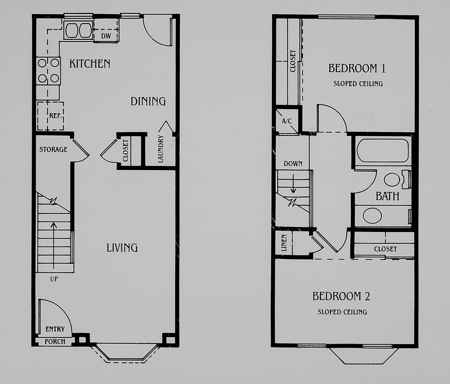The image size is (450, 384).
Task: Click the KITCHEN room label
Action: coord(90,63)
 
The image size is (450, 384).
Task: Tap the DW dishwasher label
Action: coord(106,36)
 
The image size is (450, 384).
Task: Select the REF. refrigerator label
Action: coord(56,115)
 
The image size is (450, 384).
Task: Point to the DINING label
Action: coord(148,101)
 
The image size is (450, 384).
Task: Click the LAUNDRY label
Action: coord(161,149)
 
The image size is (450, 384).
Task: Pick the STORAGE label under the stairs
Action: coord(53,149)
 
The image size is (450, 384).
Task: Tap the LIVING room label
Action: coord(122,248)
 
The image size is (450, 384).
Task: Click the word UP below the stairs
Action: coord(54,279)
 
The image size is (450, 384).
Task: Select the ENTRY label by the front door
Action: coord(55,329)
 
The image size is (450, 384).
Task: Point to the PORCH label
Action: coord(55,341)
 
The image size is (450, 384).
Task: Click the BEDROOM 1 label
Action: coord(357,69)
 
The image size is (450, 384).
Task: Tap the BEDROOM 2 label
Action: coord(341,296)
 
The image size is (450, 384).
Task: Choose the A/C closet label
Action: coord(287,121)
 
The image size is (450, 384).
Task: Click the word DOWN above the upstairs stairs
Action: coord(293,164)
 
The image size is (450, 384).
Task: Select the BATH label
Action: coord(387,196)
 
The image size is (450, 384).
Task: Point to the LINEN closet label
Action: coord(284,243)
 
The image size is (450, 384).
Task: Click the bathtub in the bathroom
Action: coord(383,151)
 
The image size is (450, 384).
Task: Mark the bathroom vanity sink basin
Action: coord(372,216)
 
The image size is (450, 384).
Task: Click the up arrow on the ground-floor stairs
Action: coord(54,246)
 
